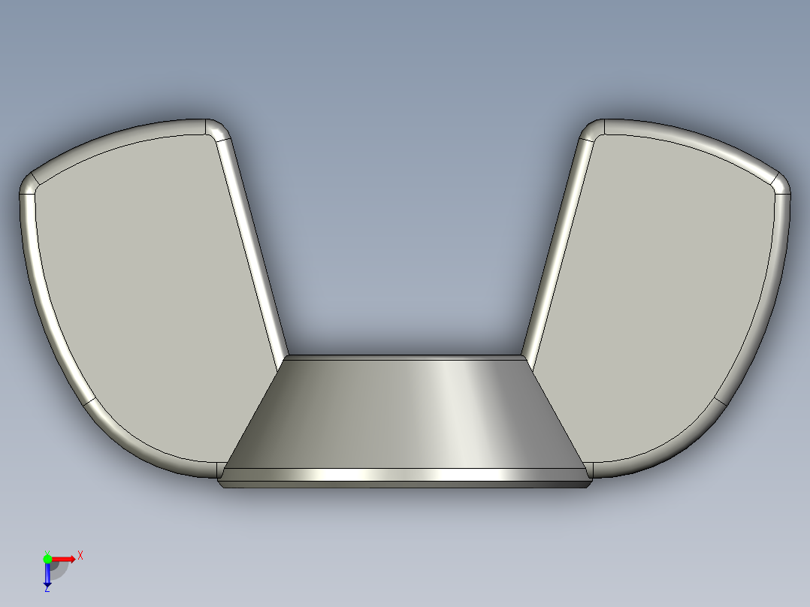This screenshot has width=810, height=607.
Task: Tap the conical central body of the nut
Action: coord(406,413)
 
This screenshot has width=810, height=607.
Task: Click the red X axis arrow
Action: coord(65,558)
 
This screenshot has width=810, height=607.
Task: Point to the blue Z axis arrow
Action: coord(47,575)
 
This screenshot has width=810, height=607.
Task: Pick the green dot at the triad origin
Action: coord(47,558)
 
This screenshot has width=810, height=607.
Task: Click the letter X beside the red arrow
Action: coord(80,555)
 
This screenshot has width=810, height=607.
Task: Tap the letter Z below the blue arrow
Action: coord(47,589)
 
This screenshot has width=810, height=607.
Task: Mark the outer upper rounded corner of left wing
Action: coord(29,184)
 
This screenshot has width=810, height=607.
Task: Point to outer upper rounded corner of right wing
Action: coord(781,184)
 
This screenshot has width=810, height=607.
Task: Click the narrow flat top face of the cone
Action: coord(406,358)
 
